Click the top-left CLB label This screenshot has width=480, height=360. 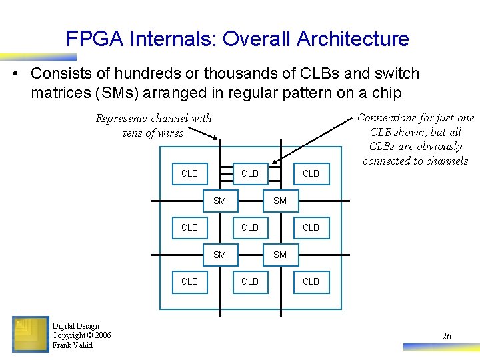[x=189, y=173]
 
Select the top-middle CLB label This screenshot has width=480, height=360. [x=250, y=173]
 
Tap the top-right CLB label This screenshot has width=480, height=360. [x=311, y=173]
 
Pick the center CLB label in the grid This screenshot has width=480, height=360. [x=250, y=227]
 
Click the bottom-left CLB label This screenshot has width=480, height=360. [x=189, y=281]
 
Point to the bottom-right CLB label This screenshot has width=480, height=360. [x=311, y=281]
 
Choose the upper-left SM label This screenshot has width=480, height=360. [x=219, y=201]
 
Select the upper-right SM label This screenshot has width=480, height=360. [x=280, y=201]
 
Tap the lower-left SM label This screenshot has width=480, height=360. [x=219, y=255]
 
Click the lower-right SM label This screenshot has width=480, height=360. [x=280, y=255]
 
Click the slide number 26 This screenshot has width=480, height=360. [x=447, y=336]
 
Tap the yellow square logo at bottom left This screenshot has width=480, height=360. [x=30, y=334]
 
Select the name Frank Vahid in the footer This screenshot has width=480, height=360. [x=73, y=345]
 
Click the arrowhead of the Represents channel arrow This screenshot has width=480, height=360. [x=215, y=138]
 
